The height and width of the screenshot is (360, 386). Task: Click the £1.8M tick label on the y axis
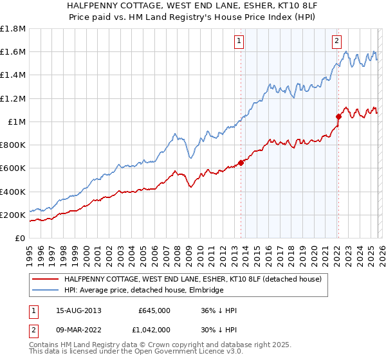point(13,29)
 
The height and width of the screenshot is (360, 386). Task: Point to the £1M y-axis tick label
point(17,122)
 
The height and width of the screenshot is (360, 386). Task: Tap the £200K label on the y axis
point(13,215)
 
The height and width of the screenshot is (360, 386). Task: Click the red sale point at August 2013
point(241,163)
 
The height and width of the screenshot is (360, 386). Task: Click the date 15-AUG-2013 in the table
point(78,310)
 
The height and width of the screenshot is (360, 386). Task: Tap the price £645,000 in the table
point(154,310)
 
